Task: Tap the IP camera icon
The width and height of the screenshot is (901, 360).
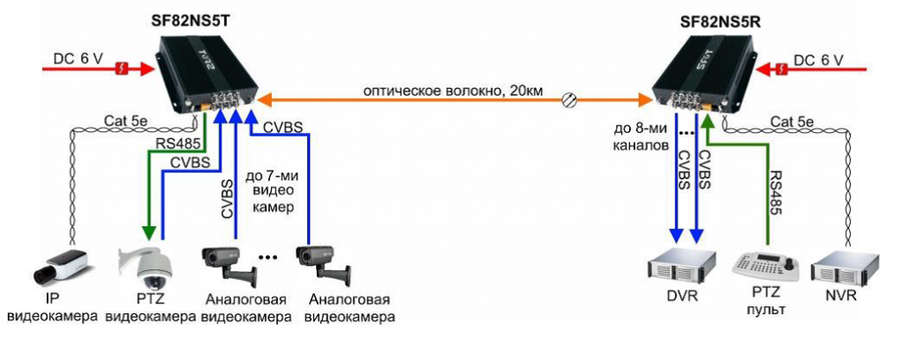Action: point(60,262)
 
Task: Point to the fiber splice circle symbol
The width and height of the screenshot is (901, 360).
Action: point(570,100)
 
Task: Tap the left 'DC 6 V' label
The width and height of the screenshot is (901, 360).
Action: point(77,58)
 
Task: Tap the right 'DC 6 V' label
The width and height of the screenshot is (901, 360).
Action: point(819,59)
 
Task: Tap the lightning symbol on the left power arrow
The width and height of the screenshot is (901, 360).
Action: point(124,66)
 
